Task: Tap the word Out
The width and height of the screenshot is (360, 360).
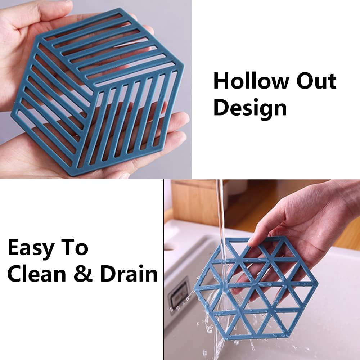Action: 316,80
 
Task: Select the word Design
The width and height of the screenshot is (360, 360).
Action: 250,108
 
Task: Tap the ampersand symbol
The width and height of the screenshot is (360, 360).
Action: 83,274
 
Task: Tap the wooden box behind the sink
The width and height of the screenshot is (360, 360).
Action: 197,202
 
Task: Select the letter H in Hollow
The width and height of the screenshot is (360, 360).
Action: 220,81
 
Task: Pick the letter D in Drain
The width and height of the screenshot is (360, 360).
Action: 108,274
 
